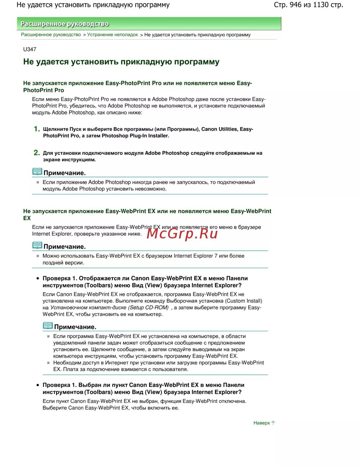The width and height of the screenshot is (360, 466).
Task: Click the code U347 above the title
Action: pos(30,49)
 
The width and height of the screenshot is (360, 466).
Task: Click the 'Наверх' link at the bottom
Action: pos(261,423)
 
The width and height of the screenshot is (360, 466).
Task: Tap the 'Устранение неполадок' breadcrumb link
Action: pos(112,35)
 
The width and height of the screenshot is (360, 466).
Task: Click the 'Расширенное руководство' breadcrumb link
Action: pos(51,35)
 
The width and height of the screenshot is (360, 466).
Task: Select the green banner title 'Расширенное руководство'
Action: pos(65,24)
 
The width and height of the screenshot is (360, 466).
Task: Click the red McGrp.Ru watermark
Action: pos(183,234)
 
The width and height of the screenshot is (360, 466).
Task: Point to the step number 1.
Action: pos(36,129)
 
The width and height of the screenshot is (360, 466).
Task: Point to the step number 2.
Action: pos(36,153)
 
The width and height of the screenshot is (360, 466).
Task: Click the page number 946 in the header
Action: pos(295,5)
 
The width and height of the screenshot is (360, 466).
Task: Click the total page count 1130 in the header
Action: pos(321,5)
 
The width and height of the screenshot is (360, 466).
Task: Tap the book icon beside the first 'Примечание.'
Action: pos(37,172)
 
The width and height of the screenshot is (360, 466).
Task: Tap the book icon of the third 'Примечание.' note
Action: pos(48,326)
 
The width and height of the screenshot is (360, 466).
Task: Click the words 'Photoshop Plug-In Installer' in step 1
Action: pos(135,136)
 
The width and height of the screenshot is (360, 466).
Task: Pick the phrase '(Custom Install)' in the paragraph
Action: pos(244,301)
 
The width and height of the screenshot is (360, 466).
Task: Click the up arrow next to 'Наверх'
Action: pos(273,423)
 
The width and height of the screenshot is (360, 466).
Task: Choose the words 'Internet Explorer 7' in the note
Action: pos(195,256)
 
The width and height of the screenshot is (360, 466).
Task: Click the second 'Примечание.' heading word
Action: pos(64,247)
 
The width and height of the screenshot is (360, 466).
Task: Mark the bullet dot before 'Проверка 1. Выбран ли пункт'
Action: pos(37,385)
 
